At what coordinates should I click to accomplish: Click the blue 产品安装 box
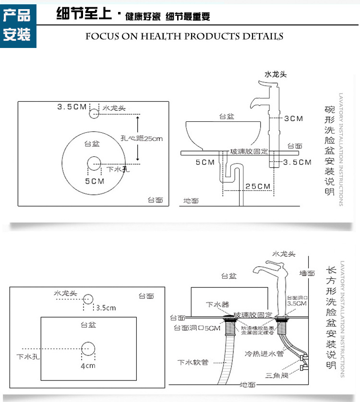point(18,25)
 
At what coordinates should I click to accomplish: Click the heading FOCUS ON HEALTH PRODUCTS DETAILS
point(184,36)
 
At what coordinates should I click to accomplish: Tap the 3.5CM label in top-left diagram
point(72,106)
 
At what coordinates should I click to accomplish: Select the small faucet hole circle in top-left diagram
point(94,114)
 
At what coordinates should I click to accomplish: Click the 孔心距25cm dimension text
point(142,139)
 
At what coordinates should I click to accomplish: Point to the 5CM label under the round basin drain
point(95,181)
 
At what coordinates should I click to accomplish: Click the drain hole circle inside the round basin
point(94,164)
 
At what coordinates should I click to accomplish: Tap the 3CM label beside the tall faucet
point(293,118)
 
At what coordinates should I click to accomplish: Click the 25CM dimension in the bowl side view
point(258,186)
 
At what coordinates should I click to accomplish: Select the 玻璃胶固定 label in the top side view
point(249,152)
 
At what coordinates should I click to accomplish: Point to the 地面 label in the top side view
point(191,201)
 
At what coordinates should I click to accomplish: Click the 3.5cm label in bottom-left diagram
point(106,307)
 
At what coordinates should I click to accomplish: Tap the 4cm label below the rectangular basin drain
point(88,366)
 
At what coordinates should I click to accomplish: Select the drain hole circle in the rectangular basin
point(88,349)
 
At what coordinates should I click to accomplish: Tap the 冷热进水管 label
point(264,354)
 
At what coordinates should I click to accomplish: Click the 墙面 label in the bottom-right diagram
point(307,273)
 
